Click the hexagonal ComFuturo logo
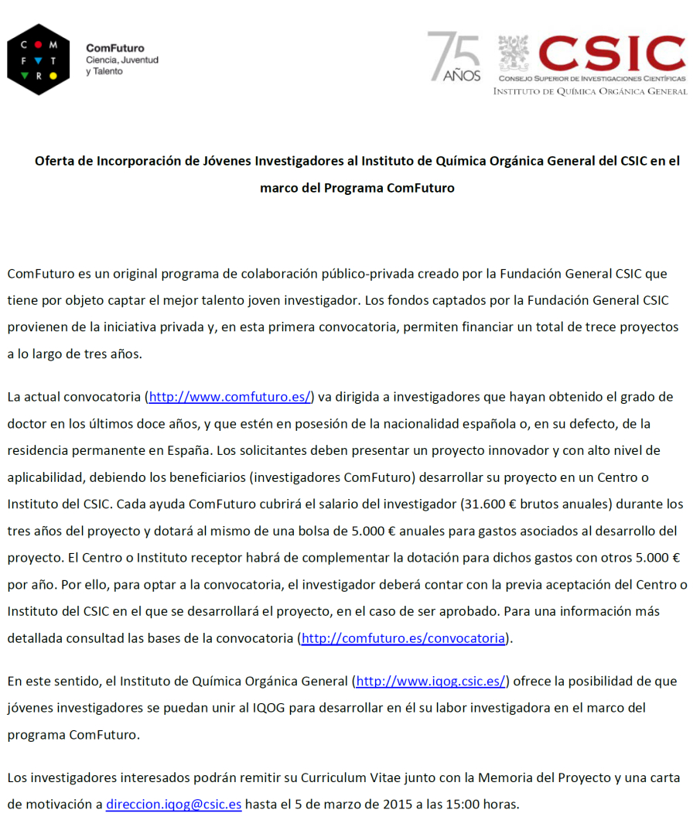(x=38, y=60)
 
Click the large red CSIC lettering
(x=611, y=53)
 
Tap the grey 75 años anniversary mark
(x=454, y=56)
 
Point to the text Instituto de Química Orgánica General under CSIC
(x=590, y=91)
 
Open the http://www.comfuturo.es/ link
(x=230, y=397)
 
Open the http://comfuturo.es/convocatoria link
(x=403, y=638)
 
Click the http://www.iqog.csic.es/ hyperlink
(x=431, y=682)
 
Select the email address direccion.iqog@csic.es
(x=174, y=804)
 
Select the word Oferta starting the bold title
(x=55, y=161)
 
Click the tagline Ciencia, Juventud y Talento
(x=122, y=66)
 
